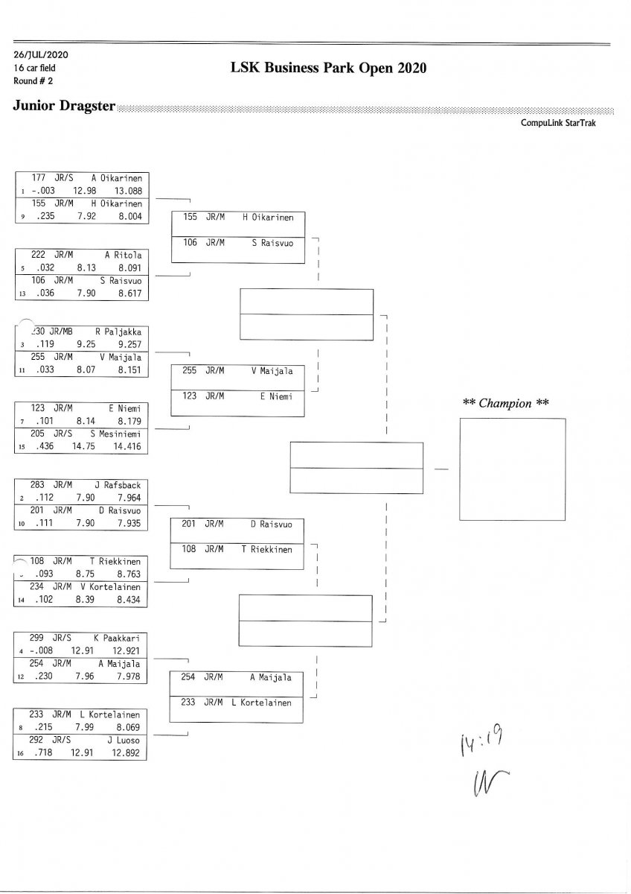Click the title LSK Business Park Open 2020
point(329,69)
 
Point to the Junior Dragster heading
point(64,106)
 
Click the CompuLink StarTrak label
point(558,123)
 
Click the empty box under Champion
point(512,469)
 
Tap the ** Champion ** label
point(506,403)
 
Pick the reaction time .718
point(45,753)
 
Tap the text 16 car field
point(35,68)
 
